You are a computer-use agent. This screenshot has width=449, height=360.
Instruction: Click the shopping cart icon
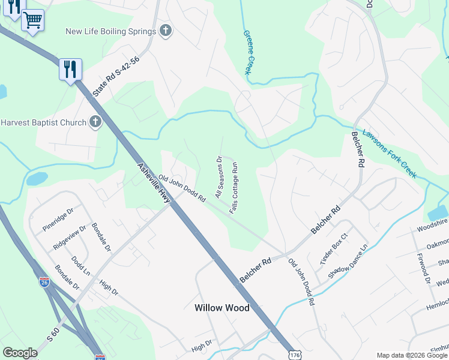[x=33, y=20]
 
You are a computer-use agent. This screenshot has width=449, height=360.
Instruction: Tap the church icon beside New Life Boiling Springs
[x=166, y=31]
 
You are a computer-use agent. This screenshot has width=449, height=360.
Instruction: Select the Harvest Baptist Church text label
[x=44, y=122]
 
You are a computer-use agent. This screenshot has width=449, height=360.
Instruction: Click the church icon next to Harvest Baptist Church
[x=95, y=122]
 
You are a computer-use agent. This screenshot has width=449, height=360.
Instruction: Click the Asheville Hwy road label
[x=154, y=184]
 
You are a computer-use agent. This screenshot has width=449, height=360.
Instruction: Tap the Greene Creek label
[x=247, y=52]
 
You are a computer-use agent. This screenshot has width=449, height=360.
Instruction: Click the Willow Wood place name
[x=221, y=308]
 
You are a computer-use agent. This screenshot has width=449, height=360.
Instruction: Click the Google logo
[x=20, y=353]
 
